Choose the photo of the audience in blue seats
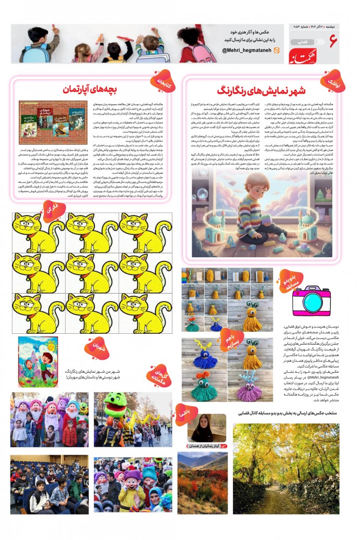(x=49, y=484)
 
